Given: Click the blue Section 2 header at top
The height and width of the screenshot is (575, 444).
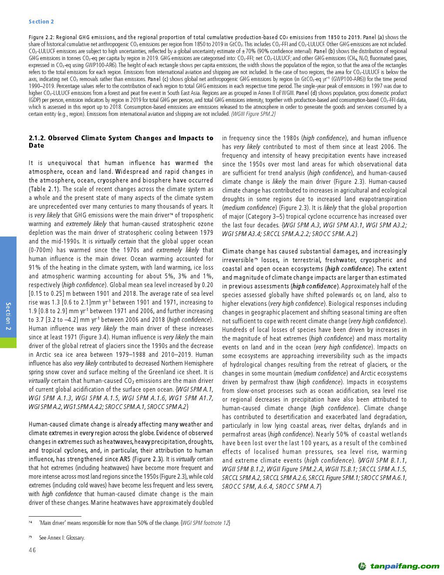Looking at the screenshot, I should pyautogui.click(x=41, y=22).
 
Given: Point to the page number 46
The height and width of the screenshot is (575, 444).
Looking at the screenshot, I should pyautogui.click(x=33, y=550).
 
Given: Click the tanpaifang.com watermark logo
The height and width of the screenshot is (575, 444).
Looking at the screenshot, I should pyautogui.click(x=398, y=566).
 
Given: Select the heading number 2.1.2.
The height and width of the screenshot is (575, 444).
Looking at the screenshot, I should pyautogui.click(x=37, y=138).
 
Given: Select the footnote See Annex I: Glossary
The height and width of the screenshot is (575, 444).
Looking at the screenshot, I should pyautogui.click(x=62, y=538).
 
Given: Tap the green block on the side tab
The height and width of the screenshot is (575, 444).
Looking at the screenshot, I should pyautogui.click(x=8, y=342).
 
